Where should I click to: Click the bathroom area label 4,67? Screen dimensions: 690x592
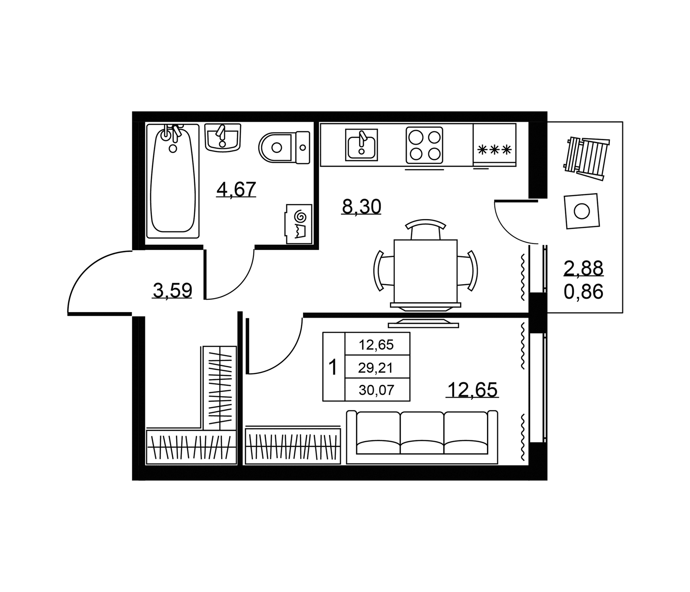(236, 189)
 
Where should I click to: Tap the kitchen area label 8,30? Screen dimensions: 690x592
(362, 207)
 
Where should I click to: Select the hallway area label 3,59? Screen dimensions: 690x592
(172, 291)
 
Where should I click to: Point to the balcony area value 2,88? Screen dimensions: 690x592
(583, 268)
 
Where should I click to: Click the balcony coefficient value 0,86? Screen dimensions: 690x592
(583, 292)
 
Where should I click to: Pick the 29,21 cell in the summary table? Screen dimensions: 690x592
(376, 368)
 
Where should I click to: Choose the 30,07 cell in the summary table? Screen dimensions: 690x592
(376, 390)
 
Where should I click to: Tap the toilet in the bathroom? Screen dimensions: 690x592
(284, 147)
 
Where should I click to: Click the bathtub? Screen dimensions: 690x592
(173, 181)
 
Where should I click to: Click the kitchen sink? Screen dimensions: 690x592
(362, 144)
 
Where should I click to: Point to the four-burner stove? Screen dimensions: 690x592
(424, 145)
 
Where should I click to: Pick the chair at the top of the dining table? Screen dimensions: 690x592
(425, 229)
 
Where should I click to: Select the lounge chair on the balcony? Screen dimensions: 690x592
(586, 158)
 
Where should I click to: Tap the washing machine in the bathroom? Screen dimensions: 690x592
(299, 224)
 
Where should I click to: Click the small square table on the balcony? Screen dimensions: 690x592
(581, 211)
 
